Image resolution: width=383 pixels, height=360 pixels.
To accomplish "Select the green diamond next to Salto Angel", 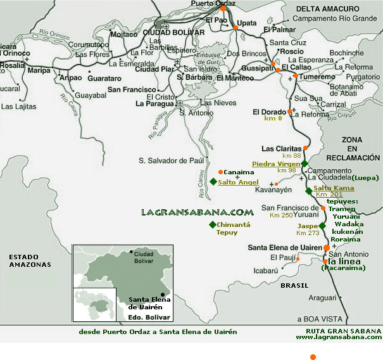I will pos(212,182).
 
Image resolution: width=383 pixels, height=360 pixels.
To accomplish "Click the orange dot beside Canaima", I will pos(220,172).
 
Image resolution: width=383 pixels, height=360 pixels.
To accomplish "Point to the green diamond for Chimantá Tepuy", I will pos(212,225).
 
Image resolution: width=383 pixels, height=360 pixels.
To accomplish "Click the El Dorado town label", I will pos(269,112).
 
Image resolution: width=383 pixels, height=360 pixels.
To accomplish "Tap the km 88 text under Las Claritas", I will pos(292,155).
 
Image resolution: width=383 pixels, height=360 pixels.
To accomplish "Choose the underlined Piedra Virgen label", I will pos(275,164).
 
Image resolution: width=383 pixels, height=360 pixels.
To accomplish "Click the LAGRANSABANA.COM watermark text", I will pos(197,213).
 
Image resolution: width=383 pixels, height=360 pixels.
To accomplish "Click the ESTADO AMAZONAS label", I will pos(28,260).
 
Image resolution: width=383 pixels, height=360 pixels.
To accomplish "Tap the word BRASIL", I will pos(294,286).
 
